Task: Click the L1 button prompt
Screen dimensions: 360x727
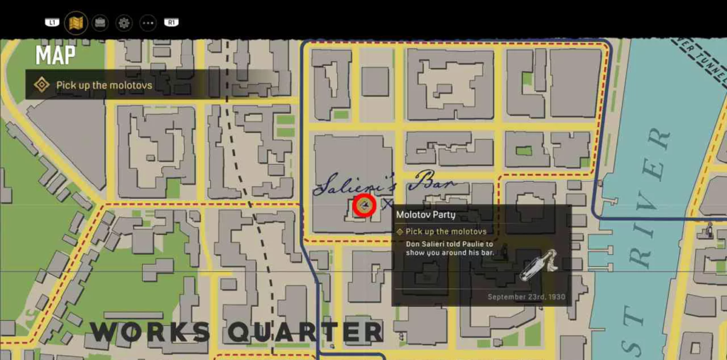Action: pyautogui.click(x=52, y=23)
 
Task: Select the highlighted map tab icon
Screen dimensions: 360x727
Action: pyautogui.click(x=76, y=23)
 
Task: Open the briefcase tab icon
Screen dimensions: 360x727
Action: pyautogui.click(x=100, y=23)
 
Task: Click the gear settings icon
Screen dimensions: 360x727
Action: pyautogui.click(x=124, y=23)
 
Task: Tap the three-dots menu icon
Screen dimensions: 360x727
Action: pyautogui.click(x=148, y=23)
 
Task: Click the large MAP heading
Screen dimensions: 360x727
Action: pyautogui.click(x=56, y=55)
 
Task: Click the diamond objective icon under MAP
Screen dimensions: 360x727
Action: pyautogui.click(x=42, y=85)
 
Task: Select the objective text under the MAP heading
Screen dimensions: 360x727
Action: pyautogui.click(x=104, y=85)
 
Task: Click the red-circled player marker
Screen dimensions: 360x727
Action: pyautogui.click(x=364, y=205)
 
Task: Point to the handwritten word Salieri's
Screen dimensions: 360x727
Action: pyautogui.click(x=349, y=186)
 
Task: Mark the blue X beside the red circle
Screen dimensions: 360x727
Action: pyautogui.click(x=388, y=204)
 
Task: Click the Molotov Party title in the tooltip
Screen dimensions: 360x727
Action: pyautogui.click(x=425, y=214)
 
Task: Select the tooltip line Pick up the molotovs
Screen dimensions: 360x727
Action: pyautogui.click(x=446, y=231)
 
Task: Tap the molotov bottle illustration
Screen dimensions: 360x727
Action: pyautogui.click(x=537, y=266)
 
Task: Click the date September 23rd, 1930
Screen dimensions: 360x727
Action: pyautogui.click(x=526, y=297)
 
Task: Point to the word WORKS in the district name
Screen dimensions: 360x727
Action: pyautogui.click(x=151, y=332)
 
